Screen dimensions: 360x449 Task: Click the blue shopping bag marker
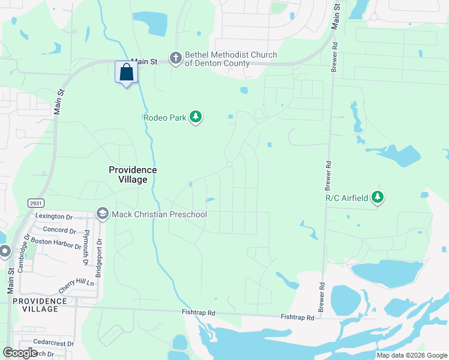126,73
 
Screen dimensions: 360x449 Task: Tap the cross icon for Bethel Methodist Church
176,58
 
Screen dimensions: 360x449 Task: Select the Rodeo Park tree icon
195,117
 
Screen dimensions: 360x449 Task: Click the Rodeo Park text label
165,118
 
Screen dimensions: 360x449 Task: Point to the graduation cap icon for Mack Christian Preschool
102,214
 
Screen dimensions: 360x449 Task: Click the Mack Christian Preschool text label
158,214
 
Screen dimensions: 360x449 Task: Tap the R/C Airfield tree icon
378,197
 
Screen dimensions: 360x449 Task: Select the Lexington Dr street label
53,216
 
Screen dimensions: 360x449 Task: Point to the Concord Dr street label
59,230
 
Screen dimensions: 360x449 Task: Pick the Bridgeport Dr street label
100,257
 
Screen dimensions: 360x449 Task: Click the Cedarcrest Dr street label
53,344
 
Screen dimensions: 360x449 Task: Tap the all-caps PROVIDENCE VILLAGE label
40,305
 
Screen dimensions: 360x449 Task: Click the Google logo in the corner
20,353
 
